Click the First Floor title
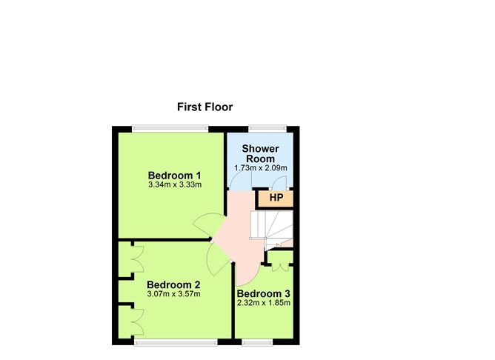click(x=205, y=107)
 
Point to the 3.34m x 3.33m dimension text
click(x=175, y=185)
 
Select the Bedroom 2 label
click(x=173, y=284)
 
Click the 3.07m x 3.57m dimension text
click(x=173, y=294)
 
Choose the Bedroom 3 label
click(x=263, y=293)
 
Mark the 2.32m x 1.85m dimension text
click(x=263, y=303)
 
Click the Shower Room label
click(x=259, y=153)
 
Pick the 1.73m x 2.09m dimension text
click(x=260, y=168)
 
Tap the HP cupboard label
click(x=276, y=198)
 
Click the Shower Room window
click(x=262, y=128)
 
